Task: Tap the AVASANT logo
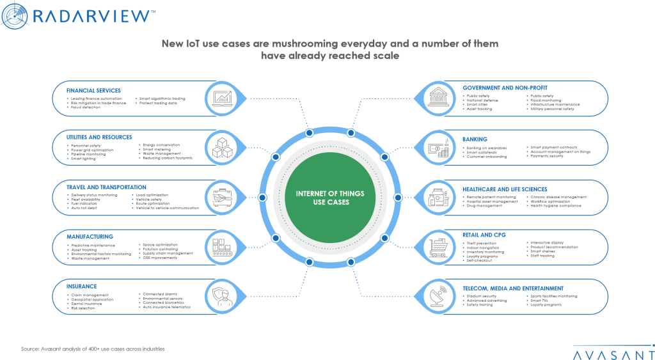click(613, 352)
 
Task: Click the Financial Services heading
click(93, 91)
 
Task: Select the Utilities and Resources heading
click(99, 137)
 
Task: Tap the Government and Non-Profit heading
click(505, 88)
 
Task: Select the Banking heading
click(475, 137)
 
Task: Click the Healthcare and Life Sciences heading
click(505, 189)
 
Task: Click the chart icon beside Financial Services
click(221, 98)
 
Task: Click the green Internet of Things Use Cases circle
click(327, 197)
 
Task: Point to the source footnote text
click(93, 349)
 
